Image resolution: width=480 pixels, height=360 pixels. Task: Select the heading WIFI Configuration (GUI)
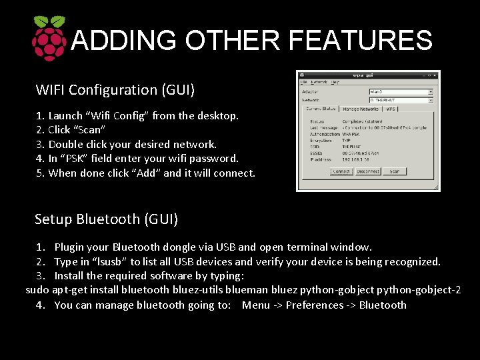coord(115,89)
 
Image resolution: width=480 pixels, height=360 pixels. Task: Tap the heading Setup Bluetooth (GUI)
coord(106,219)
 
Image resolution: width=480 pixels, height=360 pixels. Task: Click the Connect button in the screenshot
coord(341,171)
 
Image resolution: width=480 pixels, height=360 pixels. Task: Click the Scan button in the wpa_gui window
coord(394,171)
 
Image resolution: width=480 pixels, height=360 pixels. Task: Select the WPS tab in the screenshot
coord(391,108)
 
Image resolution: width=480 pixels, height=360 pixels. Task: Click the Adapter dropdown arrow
coord(430,92)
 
